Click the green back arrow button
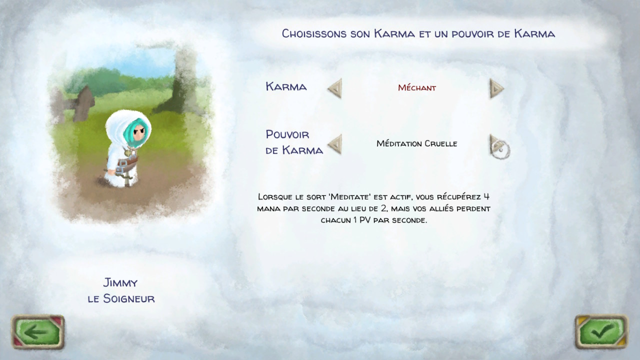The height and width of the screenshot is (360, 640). [37, 331]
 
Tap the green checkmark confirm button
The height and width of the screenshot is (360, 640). [601, 331]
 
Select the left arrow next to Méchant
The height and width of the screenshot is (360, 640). [335, 88]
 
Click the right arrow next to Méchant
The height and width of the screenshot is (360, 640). [496, 88]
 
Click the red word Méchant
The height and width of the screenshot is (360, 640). [417, 87]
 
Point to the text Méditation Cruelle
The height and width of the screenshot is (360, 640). [417, 143]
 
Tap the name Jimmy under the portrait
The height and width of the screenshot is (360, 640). [120, 283]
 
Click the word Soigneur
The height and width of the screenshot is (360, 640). [129, 298]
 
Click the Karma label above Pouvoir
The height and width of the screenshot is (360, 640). [286, 86]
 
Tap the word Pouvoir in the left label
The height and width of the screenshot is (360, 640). [287, 134]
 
